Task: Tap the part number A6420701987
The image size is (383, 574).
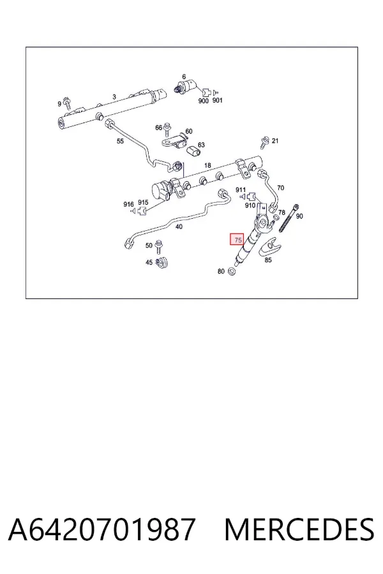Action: [101, 529]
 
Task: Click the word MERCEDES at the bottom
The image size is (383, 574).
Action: [299, 529]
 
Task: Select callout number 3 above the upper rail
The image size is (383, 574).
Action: [114, 97]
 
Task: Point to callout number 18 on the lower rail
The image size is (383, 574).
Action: [207, 165]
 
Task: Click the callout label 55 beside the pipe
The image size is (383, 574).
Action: [120, 141]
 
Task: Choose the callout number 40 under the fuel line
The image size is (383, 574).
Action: [179, 226]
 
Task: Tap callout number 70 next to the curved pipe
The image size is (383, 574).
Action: [280, 188]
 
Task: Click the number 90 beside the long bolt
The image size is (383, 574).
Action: [299, 216]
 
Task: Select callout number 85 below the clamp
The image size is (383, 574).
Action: [268, 260]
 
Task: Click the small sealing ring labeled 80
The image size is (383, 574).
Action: [232, 272]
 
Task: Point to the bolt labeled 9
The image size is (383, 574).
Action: [68, 103]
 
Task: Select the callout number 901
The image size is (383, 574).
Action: [217, 100]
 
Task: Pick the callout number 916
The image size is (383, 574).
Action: [128, 204]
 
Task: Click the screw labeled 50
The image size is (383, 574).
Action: [159, 247]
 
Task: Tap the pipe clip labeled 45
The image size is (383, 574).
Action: [161, 263]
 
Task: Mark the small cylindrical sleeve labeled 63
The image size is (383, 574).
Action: [193, 151]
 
